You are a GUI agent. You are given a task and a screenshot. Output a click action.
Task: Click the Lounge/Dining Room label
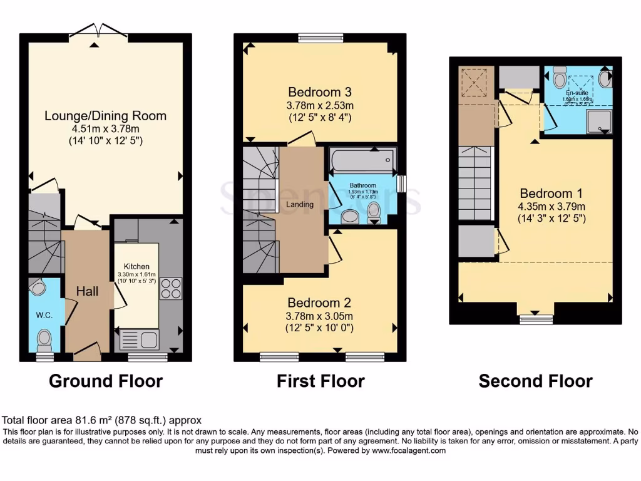pyautogui.click(x=106, y=116)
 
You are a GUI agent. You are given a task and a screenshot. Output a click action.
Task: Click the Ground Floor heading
pyautogui.click(x=106, y=381)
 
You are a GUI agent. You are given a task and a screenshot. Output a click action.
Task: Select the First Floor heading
pyautogui.click(x=320, y=381)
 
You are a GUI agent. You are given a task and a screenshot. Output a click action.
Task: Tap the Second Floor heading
pyautogui.click(x=535, y=381)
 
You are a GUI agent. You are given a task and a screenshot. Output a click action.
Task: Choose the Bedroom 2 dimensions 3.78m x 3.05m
pyautogui.click(x=320, y=316)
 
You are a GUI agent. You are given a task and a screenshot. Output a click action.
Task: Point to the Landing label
pyautogui.click(x=300, y=205)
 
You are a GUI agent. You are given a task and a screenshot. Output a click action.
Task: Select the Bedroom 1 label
pyautogui.click(x=546, y=194)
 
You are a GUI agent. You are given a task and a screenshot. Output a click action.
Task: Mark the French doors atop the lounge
pyautogui.click(x=95, y=31)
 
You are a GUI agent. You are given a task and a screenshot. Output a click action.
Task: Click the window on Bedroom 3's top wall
pyautogui.click(x=316, y=38)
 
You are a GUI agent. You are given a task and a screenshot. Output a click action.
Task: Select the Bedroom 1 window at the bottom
pyautogui.click(x=536, y=319)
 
